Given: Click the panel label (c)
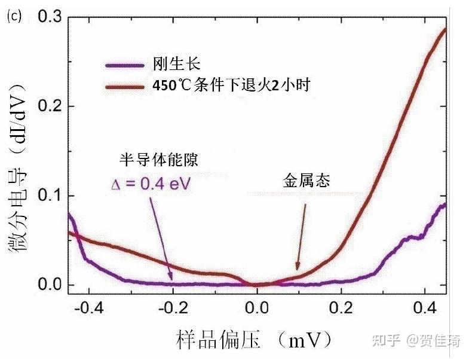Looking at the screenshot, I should pos(14,16).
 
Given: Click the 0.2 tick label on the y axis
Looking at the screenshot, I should pos(51,106).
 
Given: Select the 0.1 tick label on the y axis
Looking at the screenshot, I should pos(51,196).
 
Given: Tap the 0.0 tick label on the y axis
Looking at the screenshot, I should pos(51,285).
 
